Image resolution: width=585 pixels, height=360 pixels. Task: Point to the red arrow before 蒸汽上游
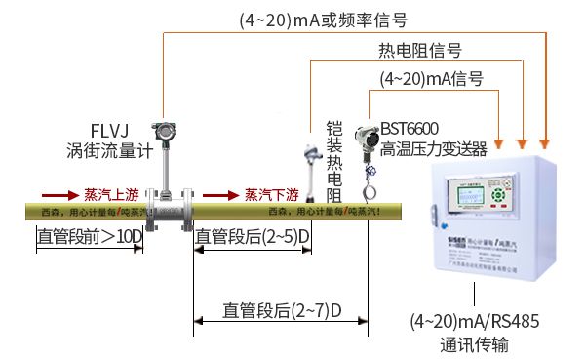57,193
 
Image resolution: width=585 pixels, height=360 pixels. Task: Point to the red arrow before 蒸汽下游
219,193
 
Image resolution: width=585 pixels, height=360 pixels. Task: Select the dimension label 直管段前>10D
89,236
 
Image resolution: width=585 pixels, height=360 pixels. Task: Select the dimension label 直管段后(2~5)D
253,236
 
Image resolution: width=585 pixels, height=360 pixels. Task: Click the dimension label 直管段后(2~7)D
282,311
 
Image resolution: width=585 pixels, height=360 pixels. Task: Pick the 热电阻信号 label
420,50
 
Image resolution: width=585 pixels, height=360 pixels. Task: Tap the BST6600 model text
409,129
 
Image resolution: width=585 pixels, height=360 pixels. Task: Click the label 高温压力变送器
433,148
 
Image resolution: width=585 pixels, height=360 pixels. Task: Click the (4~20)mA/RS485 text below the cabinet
475,321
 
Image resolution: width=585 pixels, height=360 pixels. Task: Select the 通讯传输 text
475,344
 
